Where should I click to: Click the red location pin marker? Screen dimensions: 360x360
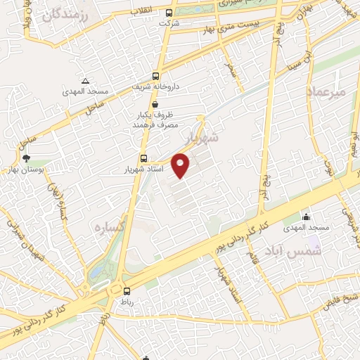click(x=181, y=166)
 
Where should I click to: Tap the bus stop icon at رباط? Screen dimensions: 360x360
click(x=127, y=291)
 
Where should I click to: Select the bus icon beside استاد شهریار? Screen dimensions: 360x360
click(x=143, y=159)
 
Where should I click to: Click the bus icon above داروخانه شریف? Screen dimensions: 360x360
click(x=155, y=76)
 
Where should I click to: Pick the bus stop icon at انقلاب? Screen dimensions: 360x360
click(x=169, y=13)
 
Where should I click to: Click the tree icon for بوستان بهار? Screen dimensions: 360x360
click(x=27, y=158)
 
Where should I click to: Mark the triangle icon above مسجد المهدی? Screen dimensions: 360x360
click(x=85, y=81)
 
